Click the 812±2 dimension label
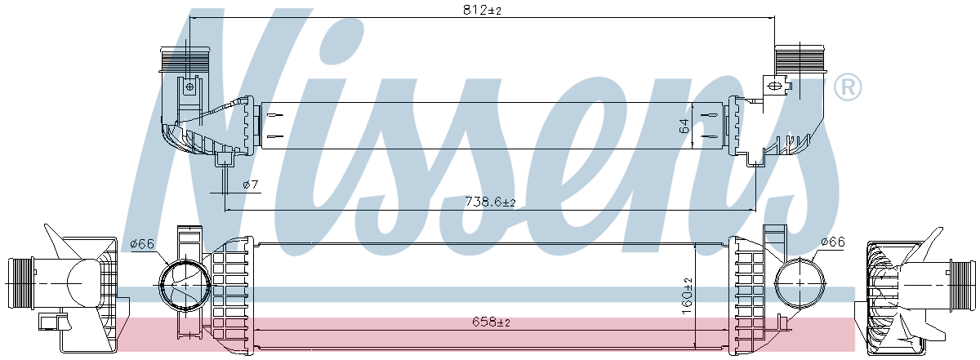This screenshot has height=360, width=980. (x=482, y=10)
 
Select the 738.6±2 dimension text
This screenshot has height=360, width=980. (x=490, y=202)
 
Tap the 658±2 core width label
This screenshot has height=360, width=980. (x=491, y=322)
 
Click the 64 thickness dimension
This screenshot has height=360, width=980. (x=684, y=126)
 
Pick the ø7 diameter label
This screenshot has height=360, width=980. (x=251, y=184)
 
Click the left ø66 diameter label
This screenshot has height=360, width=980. (x=143, y=243)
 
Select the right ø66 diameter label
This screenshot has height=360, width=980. (x=833, y=242)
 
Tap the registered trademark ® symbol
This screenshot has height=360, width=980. (x=848, y=87)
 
